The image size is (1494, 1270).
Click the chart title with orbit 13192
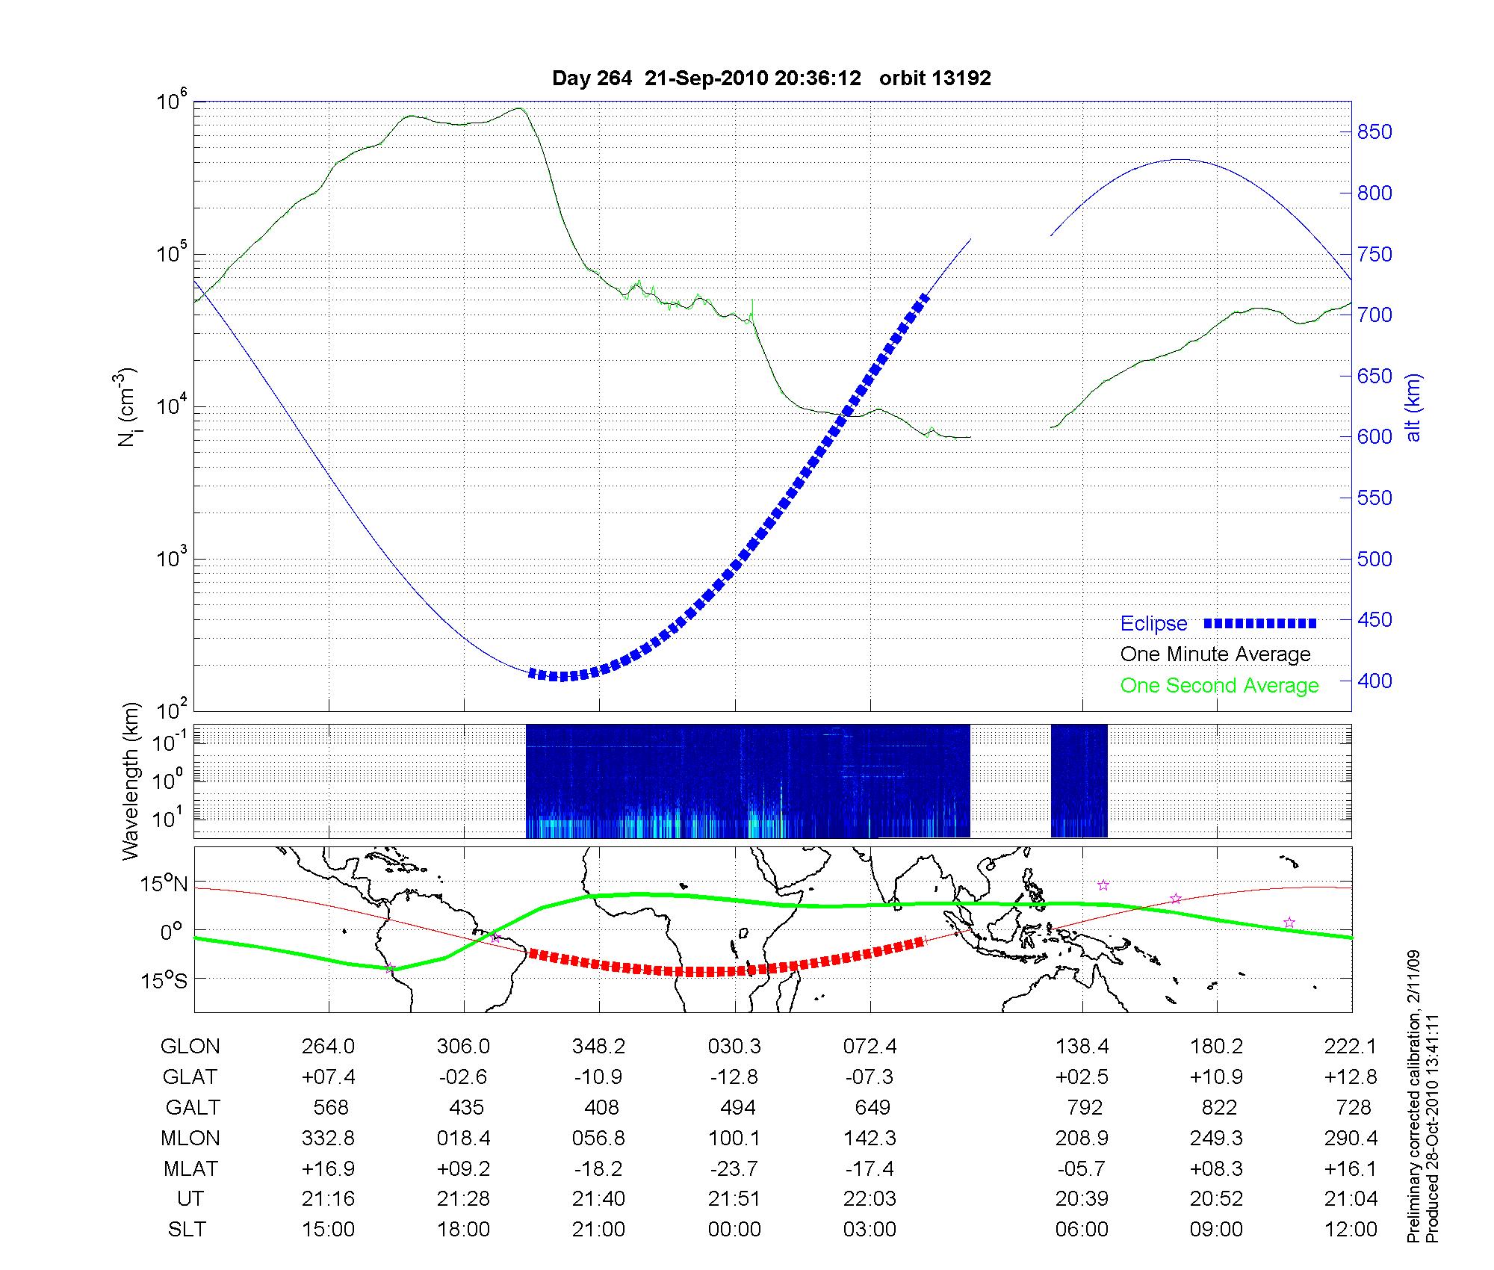coord(771,78)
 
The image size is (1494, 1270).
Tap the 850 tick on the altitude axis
coord(1374,132)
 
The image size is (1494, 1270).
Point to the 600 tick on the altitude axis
coord(1374,437)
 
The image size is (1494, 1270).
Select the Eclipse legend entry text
coord(1153,624)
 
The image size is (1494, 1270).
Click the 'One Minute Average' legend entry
coord(1215,654)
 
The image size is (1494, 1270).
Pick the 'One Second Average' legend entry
coord(1219,686)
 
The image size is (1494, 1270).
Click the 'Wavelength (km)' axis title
coord(131,781)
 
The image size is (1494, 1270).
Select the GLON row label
coord(190,1047)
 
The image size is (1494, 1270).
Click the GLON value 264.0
coord(328,1047)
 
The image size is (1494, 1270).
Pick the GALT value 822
coord(1219,1107)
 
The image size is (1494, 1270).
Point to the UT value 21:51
coord(734,1199)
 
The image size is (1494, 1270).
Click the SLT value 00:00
coord(734,1230)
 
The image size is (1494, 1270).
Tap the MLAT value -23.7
coord(734,1168)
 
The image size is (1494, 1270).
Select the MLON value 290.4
coord(1351,1138)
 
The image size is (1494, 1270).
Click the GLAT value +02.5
coord(1082,1077)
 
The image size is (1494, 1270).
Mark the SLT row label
coord(187,1230)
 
